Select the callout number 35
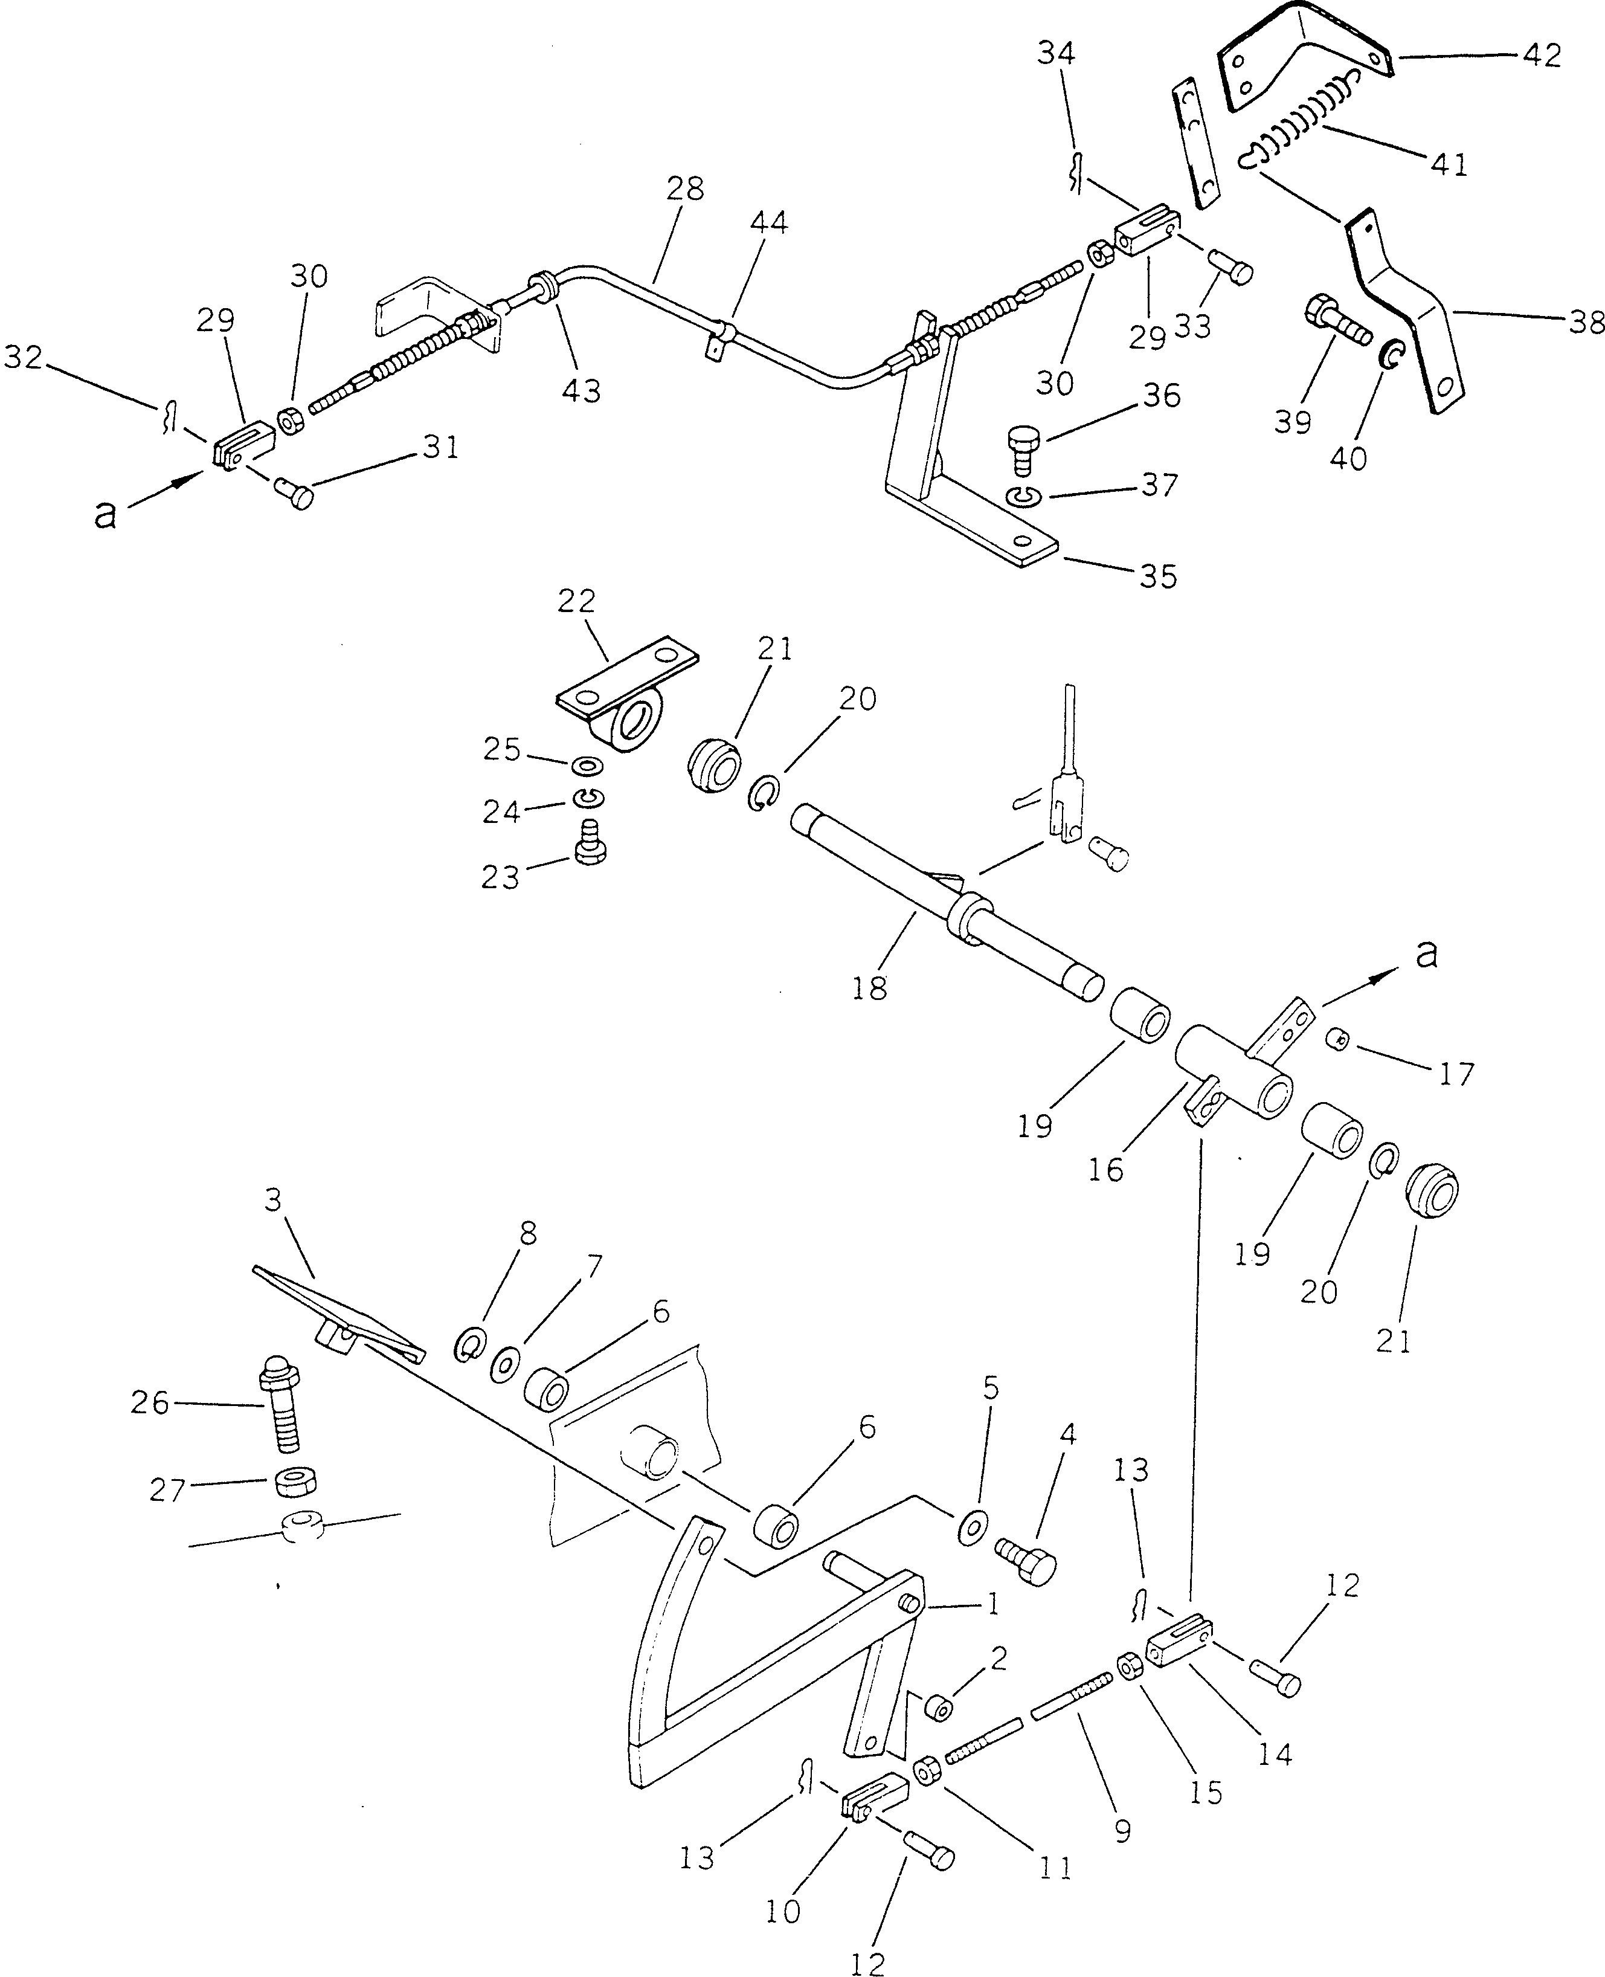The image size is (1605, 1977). (x=1159, y=576)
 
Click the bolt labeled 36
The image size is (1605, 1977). (x=1020, y=448)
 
